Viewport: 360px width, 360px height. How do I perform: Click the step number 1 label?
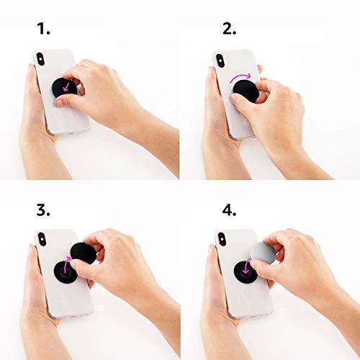tap(44, 29)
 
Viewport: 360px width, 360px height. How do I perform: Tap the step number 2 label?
tap(229, 29)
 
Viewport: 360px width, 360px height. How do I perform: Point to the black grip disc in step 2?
tap(243, 90)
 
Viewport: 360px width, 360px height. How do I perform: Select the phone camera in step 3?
tap(41, 240)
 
